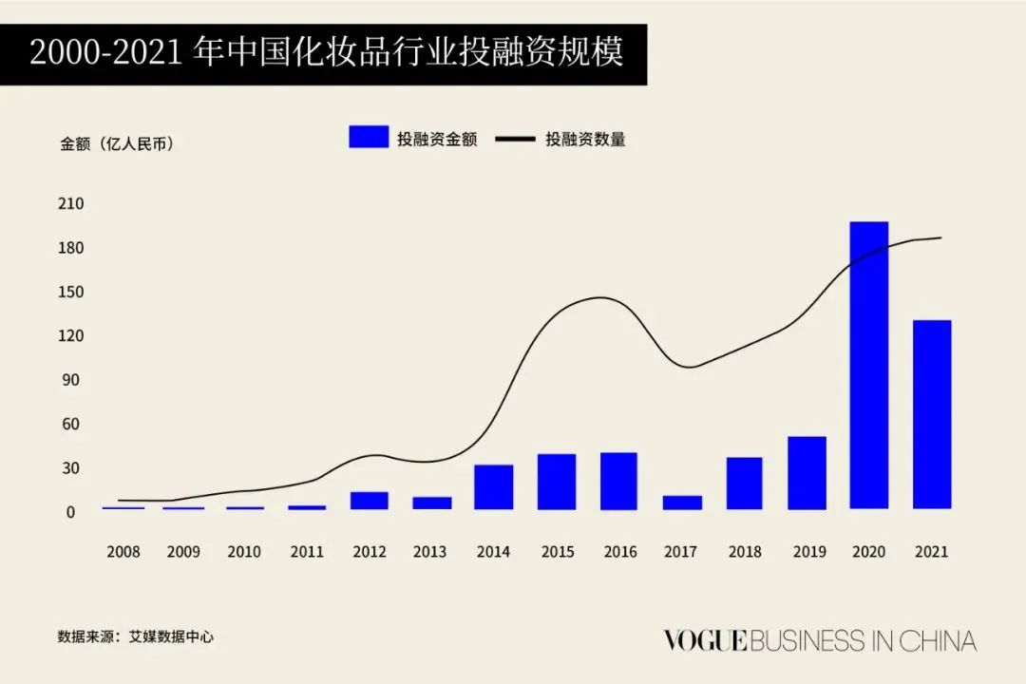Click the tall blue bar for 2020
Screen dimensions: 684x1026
(x=869, y=366)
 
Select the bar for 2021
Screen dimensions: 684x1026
(x=932, y=414)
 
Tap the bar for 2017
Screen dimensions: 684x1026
(x=682, y=503)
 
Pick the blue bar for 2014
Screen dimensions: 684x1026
(x=494, y=486)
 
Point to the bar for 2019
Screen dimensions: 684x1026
(x=807, y=473)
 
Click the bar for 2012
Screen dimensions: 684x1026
(x=369, y=501)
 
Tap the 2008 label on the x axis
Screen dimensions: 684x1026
(x=123, y=552)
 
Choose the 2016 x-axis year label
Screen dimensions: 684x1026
(x=619, y=552)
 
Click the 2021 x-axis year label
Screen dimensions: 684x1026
(x=932, y=552)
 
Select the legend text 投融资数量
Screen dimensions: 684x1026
(x=585, y=140)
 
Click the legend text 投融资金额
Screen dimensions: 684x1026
(x=437, y=140)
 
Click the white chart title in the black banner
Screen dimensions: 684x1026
(x=326, y=53)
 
